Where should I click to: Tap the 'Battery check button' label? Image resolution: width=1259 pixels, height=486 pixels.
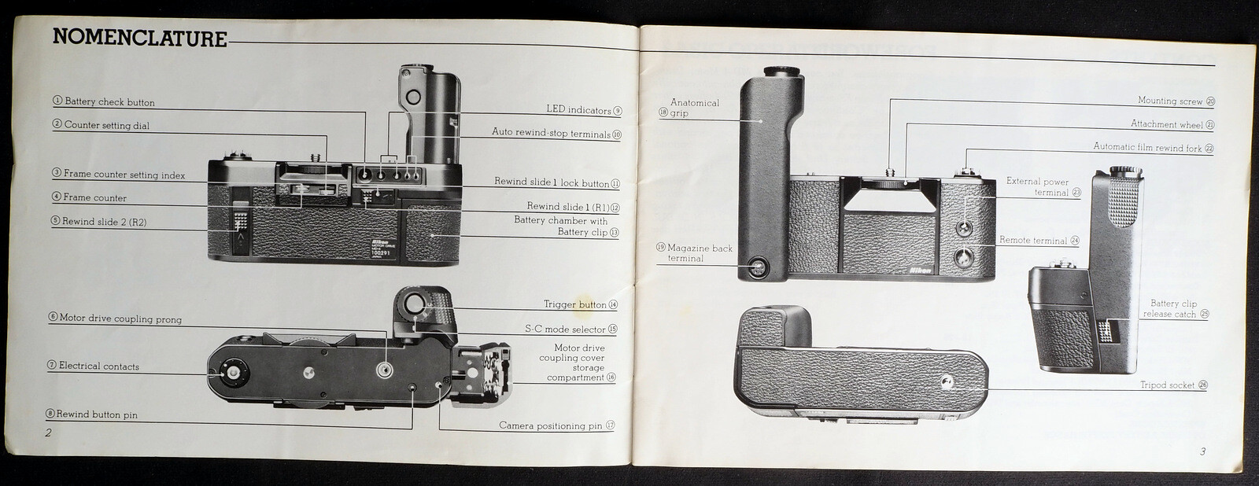pyautogui.click(x=109, y=102)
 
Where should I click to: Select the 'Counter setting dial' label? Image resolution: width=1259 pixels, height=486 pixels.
pyautogui.click(x=106, y=126)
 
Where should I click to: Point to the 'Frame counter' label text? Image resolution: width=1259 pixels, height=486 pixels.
pyautogui.click(x=94, y=198)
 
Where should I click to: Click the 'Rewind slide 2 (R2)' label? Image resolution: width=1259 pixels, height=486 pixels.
pyautogui.click(x=104, y=222)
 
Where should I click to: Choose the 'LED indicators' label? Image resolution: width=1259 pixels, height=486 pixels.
pyautogui.click(x=578, y=110)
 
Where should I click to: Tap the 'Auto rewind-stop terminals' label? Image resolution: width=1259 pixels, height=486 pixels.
pyautogui.click(x=551, y=133)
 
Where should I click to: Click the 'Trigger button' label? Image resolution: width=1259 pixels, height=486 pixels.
pyautogui.click(x=575, y=305)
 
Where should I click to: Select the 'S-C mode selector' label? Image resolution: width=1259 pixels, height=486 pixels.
pyautogui.click(x=565, y=330)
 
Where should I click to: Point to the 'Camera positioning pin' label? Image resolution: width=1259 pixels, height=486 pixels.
pyautogui.click(x=550, y=426)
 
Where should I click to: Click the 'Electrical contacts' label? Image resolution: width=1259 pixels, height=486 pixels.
pyautogui.click(x=98, y=366)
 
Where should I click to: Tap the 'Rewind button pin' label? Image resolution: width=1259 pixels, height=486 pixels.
pyautogui.click(x=97, y=415)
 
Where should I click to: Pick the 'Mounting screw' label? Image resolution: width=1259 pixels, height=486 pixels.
pyautogui.click(x=1170, y=101)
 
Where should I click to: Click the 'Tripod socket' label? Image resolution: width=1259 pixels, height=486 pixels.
pyautogui.click(x=1168, y=385)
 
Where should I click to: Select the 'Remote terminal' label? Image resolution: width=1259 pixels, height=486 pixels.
pyautogui.click(x=1033, y=241)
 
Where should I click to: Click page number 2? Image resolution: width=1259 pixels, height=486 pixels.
pyautogui.click(x=48, y=433)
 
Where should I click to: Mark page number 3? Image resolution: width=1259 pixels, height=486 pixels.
pyautogui.click(x=1202, y=451)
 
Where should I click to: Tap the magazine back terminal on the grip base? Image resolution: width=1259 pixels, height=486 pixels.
pyautogui.click(x=758, y=269)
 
